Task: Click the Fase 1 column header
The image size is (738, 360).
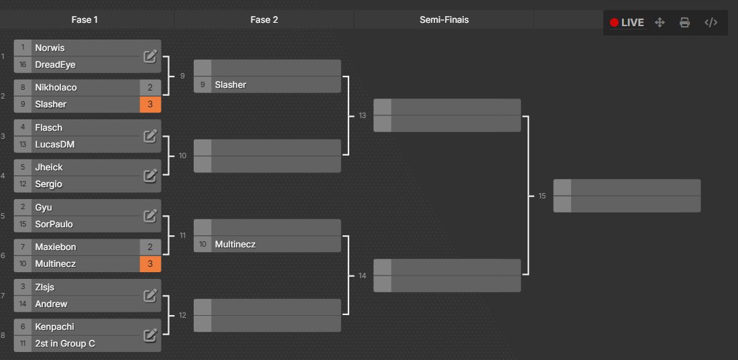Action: coord(85,20)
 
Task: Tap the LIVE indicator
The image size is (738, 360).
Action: coord(627,23)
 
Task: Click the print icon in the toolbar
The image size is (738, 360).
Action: coord(684,23)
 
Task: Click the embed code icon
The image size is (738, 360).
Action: coord(711,23)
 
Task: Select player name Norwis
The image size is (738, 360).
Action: coord(50,48)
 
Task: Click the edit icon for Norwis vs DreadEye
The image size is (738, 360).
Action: coord(150,56)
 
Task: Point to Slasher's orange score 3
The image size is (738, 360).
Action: coord(150,105)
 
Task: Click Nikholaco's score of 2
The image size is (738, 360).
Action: coord(150,87)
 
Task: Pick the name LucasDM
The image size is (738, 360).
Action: coord(54,144)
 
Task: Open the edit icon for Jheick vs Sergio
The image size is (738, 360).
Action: coord(150,176)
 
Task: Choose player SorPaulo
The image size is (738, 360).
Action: coord(54,224)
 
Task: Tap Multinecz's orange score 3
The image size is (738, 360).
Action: coord(150,264)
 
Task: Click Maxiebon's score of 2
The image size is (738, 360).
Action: coord(150,247)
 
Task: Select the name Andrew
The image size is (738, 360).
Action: coord(52,304)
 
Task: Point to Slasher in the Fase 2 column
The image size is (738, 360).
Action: coord(231,84)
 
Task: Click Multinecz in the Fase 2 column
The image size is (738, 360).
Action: coord(235,245)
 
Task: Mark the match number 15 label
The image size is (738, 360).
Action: coord(542,196)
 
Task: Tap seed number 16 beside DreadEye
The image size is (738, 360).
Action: coord(23,64)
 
